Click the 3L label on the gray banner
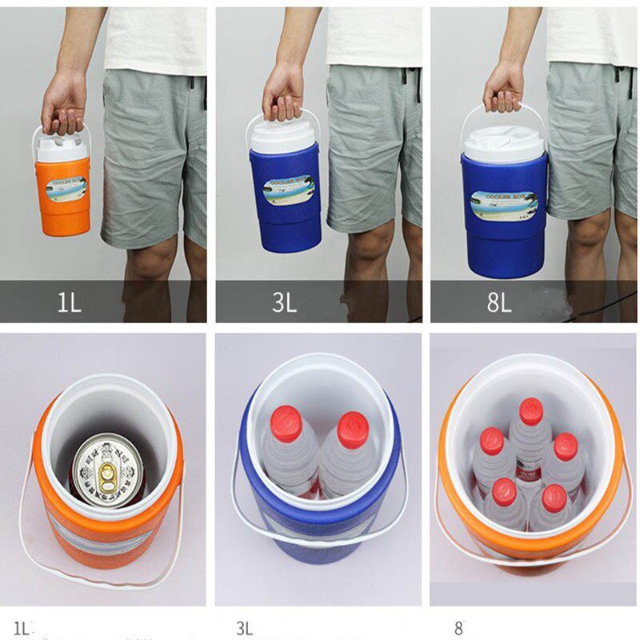[x=285, y=303]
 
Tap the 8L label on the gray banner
[x=499, y=303]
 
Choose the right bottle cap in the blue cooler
[x=352, y=429]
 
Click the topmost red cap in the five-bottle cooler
[x=530, y=411]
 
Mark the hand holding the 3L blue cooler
[x=282, y=91]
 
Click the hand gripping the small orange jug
[x=64, y=102]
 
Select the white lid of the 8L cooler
[x=504, y=142]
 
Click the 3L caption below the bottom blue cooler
[x=244, y=627]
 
